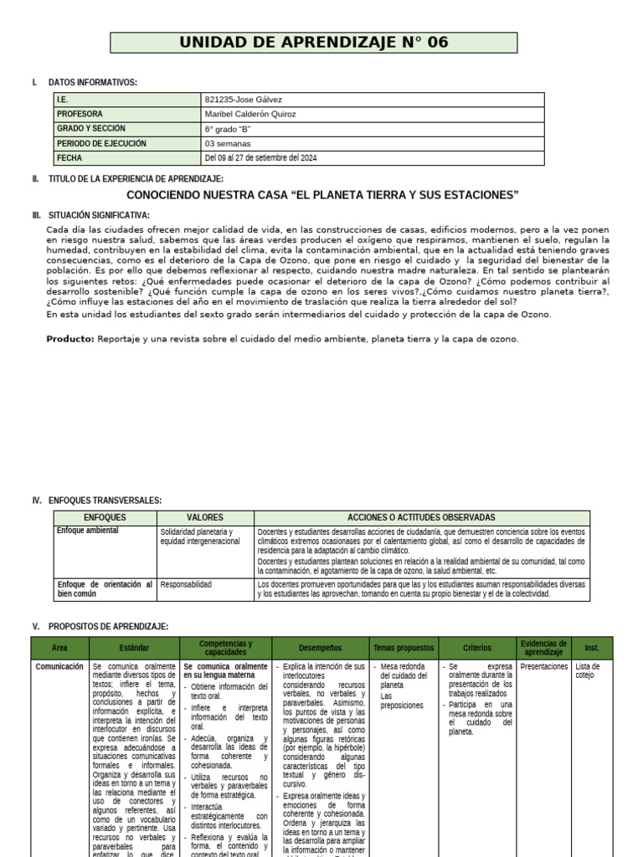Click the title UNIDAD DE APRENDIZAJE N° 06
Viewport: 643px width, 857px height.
(x=321, y=43)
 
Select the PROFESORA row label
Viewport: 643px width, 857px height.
(x=80, y=114)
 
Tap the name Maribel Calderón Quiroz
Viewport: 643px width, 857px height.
(x=250, y=114)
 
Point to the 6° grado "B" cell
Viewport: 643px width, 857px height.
(x=228, y=129)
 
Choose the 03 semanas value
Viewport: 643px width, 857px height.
(x=228, y=143)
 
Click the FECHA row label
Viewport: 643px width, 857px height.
(x=70, y=158)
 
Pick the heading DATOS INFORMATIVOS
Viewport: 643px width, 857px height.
(x=93, y=82)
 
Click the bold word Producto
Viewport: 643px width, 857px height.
(x=70, y=339)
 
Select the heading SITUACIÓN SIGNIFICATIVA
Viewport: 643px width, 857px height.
(x=99, y=215)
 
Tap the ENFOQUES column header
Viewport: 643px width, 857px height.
(x=105, y=518)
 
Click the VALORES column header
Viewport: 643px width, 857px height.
(x=205, y=518)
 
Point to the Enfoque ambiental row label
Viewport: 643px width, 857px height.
(x=88, y=531)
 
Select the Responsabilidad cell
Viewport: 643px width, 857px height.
(x=186, y=584)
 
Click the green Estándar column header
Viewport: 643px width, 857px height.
(x=135, y=648)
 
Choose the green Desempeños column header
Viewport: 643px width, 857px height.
(x=319, y=648)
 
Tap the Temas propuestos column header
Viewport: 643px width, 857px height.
(x=404, y=648)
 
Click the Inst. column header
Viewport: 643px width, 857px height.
(x=592, y=648)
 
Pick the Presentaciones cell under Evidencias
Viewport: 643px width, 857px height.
(x=543, y=667)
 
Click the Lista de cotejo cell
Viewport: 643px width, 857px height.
(x=588, y=671)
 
